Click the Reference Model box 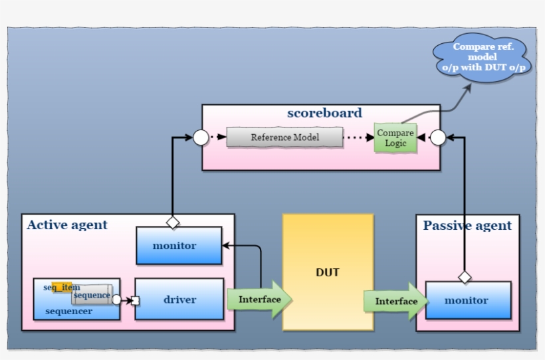[x=284, y=137]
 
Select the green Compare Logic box [x=395, y=138]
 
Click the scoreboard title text [x=324, y=113]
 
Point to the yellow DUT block [x=328, y=272]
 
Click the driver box [x=179, y=300]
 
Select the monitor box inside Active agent [x=179, y=246]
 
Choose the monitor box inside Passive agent [x=467, y=300]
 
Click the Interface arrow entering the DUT [x=259, y=300]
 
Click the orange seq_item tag [x=61, y=287]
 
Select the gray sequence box [x=92, y=295]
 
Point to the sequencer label [x=68, y=312]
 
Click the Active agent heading [x=67, y=225]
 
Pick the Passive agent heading [x=467, y=226]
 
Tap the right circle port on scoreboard [x=437, y=138]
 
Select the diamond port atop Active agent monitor [x=173, y=221]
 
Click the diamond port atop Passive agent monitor [x=465, y=276]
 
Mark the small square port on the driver [x=136, y=300]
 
